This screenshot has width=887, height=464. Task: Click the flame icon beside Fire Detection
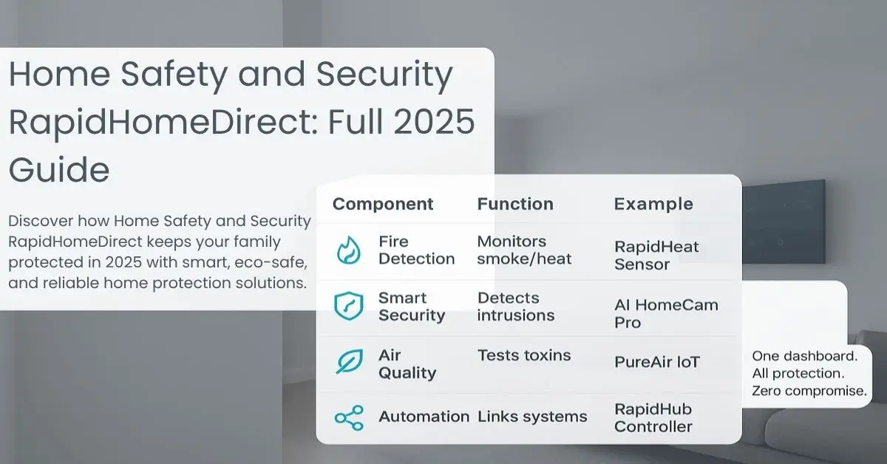point(348,250)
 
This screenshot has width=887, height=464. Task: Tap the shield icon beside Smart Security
point(348,306)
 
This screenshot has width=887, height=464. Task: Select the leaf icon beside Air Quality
point(349,361)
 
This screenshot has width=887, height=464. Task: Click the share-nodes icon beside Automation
point(349,417)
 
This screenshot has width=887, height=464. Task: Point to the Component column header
point(383,204)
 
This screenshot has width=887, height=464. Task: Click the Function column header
point(515,204)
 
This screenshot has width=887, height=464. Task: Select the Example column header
point(653,204)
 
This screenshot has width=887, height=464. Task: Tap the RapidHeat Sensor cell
point(656,256)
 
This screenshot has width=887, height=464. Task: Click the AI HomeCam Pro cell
point(666,313)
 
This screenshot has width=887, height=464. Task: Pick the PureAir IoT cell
point(657,362)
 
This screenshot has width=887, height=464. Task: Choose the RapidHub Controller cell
point(653,417)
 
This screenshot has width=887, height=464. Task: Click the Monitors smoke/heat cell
point(524,250)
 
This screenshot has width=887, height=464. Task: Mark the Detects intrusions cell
point(516,307)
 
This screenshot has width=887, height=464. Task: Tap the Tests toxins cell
point(524,355)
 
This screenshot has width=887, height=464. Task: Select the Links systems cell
point(532,417)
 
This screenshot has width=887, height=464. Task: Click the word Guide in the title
point(59,169)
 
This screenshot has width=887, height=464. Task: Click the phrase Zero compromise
point(809,391)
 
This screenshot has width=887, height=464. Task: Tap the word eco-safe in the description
point(271,262)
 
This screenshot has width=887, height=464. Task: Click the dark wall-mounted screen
point(784,222)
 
